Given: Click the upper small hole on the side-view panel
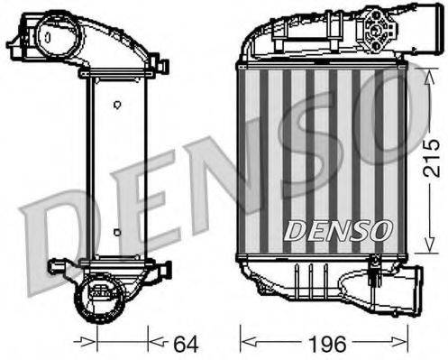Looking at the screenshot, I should (116, 104).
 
